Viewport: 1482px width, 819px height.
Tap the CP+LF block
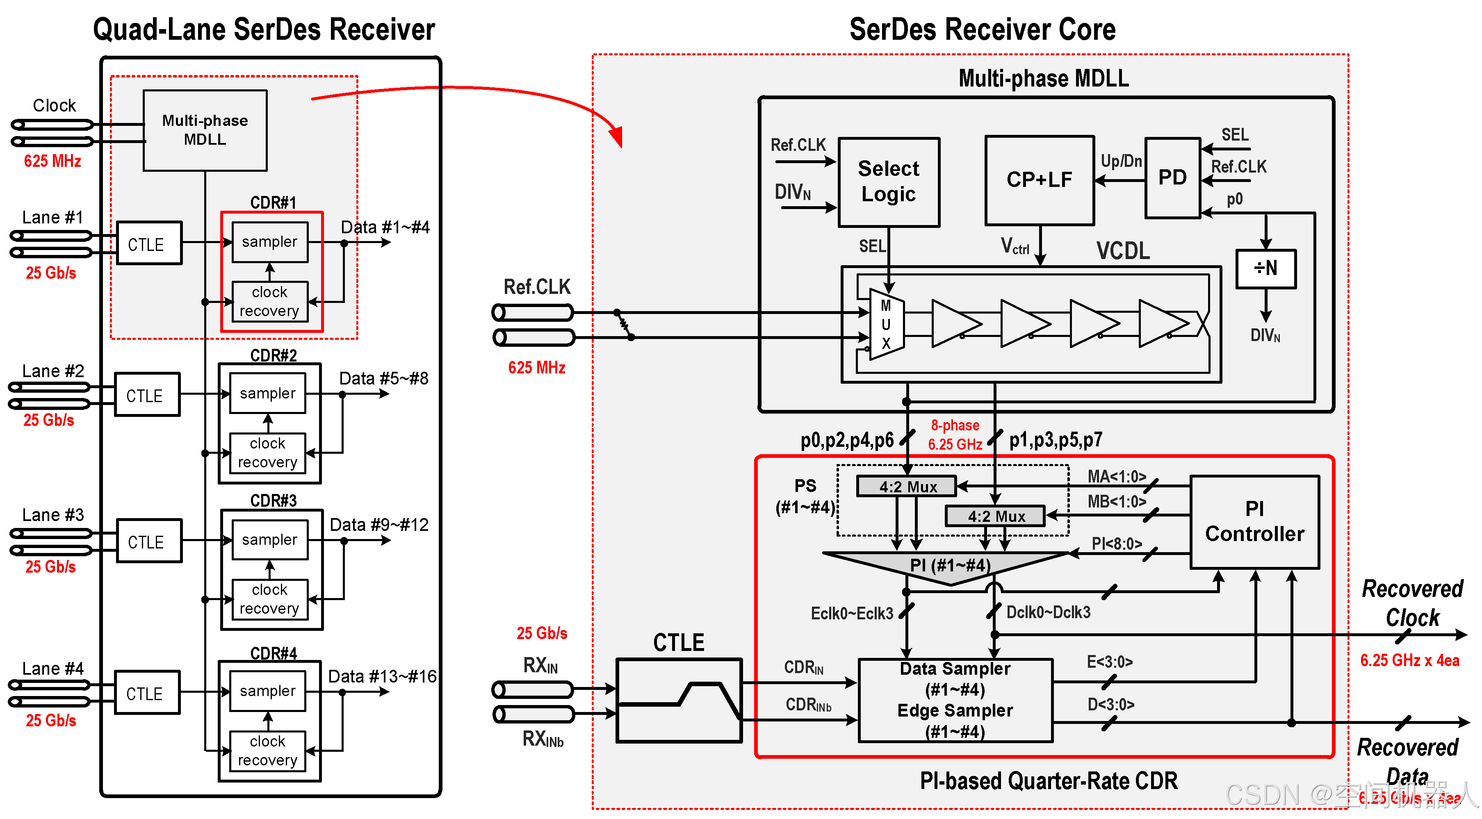[1039, 180]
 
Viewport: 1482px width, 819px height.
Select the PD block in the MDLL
[1172, 178]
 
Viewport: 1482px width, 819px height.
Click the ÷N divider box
[1265, 268]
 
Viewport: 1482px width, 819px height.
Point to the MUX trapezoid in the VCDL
[886, 325]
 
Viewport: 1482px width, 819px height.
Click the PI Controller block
[1254, 522]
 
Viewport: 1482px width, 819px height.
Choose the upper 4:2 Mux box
[907, 487]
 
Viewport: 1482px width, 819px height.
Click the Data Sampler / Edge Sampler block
[955, 700]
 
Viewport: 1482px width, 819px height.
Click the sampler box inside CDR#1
[269, 241]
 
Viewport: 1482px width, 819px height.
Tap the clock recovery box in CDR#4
[267, 750]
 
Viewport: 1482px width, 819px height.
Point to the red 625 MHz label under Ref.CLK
[536, 368]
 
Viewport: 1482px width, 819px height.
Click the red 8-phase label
[955, 425]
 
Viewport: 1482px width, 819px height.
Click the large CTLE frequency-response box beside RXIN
[678, 700]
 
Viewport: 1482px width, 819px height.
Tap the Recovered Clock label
[1412, 603]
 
